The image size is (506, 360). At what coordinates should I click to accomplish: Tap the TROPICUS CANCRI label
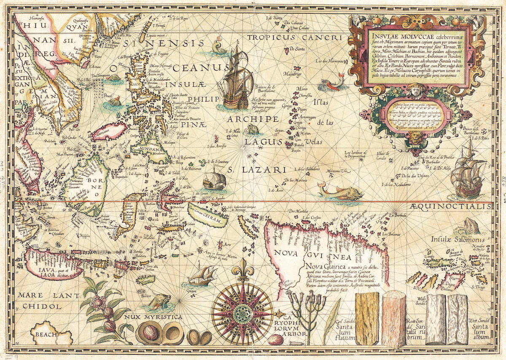[293, 38]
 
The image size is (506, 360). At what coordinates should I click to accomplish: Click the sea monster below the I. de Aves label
[339, 192]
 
